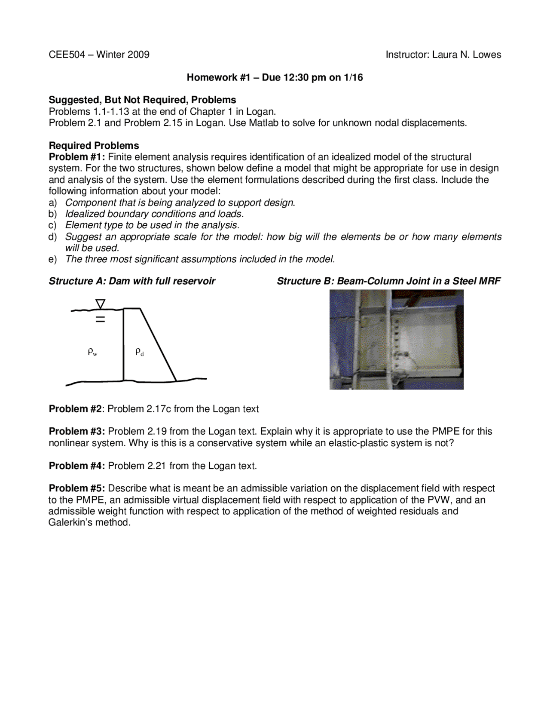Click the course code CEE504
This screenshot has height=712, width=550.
coord(67,55)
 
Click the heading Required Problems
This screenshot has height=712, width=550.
coord(94,145)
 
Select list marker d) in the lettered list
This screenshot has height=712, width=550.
coord(52,237)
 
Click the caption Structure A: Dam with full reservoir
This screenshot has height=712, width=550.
coord(132,281)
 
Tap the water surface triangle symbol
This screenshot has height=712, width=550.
coord(100,304)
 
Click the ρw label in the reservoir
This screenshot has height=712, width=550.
coord(92,352)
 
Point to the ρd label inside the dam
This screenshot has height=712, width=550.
coord(139,352)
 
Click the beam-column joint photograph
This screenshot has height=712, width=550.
coord(396,340)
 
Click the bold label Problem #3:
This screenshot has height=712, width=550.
coord(77,432)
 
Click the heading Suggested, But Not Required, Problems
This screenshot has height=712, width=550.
coord(142,100)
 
